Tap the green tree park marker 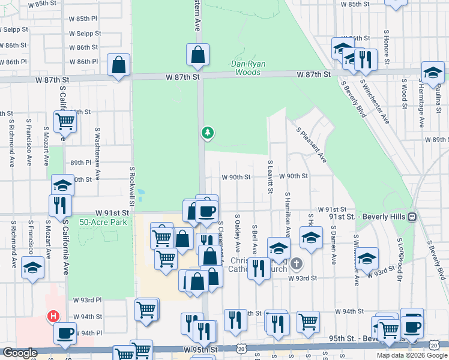[208, 132]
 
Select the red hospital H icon [53, 316]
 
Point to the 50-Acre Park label [103, 222]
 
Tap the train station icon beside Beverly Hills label [412, 216]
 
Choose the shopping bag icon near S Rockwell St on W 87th [119, 64]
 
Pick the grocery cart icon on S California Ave [65, 121]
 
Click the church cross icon [295, 263]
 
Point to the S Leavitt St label [271, 177]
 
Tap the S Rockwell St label [131, 186]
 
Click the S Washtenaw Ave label [97, 142]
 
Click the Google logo [20, 353]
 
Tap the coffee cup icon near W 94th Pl [65, 332]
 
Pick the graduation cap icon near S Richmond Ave [32, 267]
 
